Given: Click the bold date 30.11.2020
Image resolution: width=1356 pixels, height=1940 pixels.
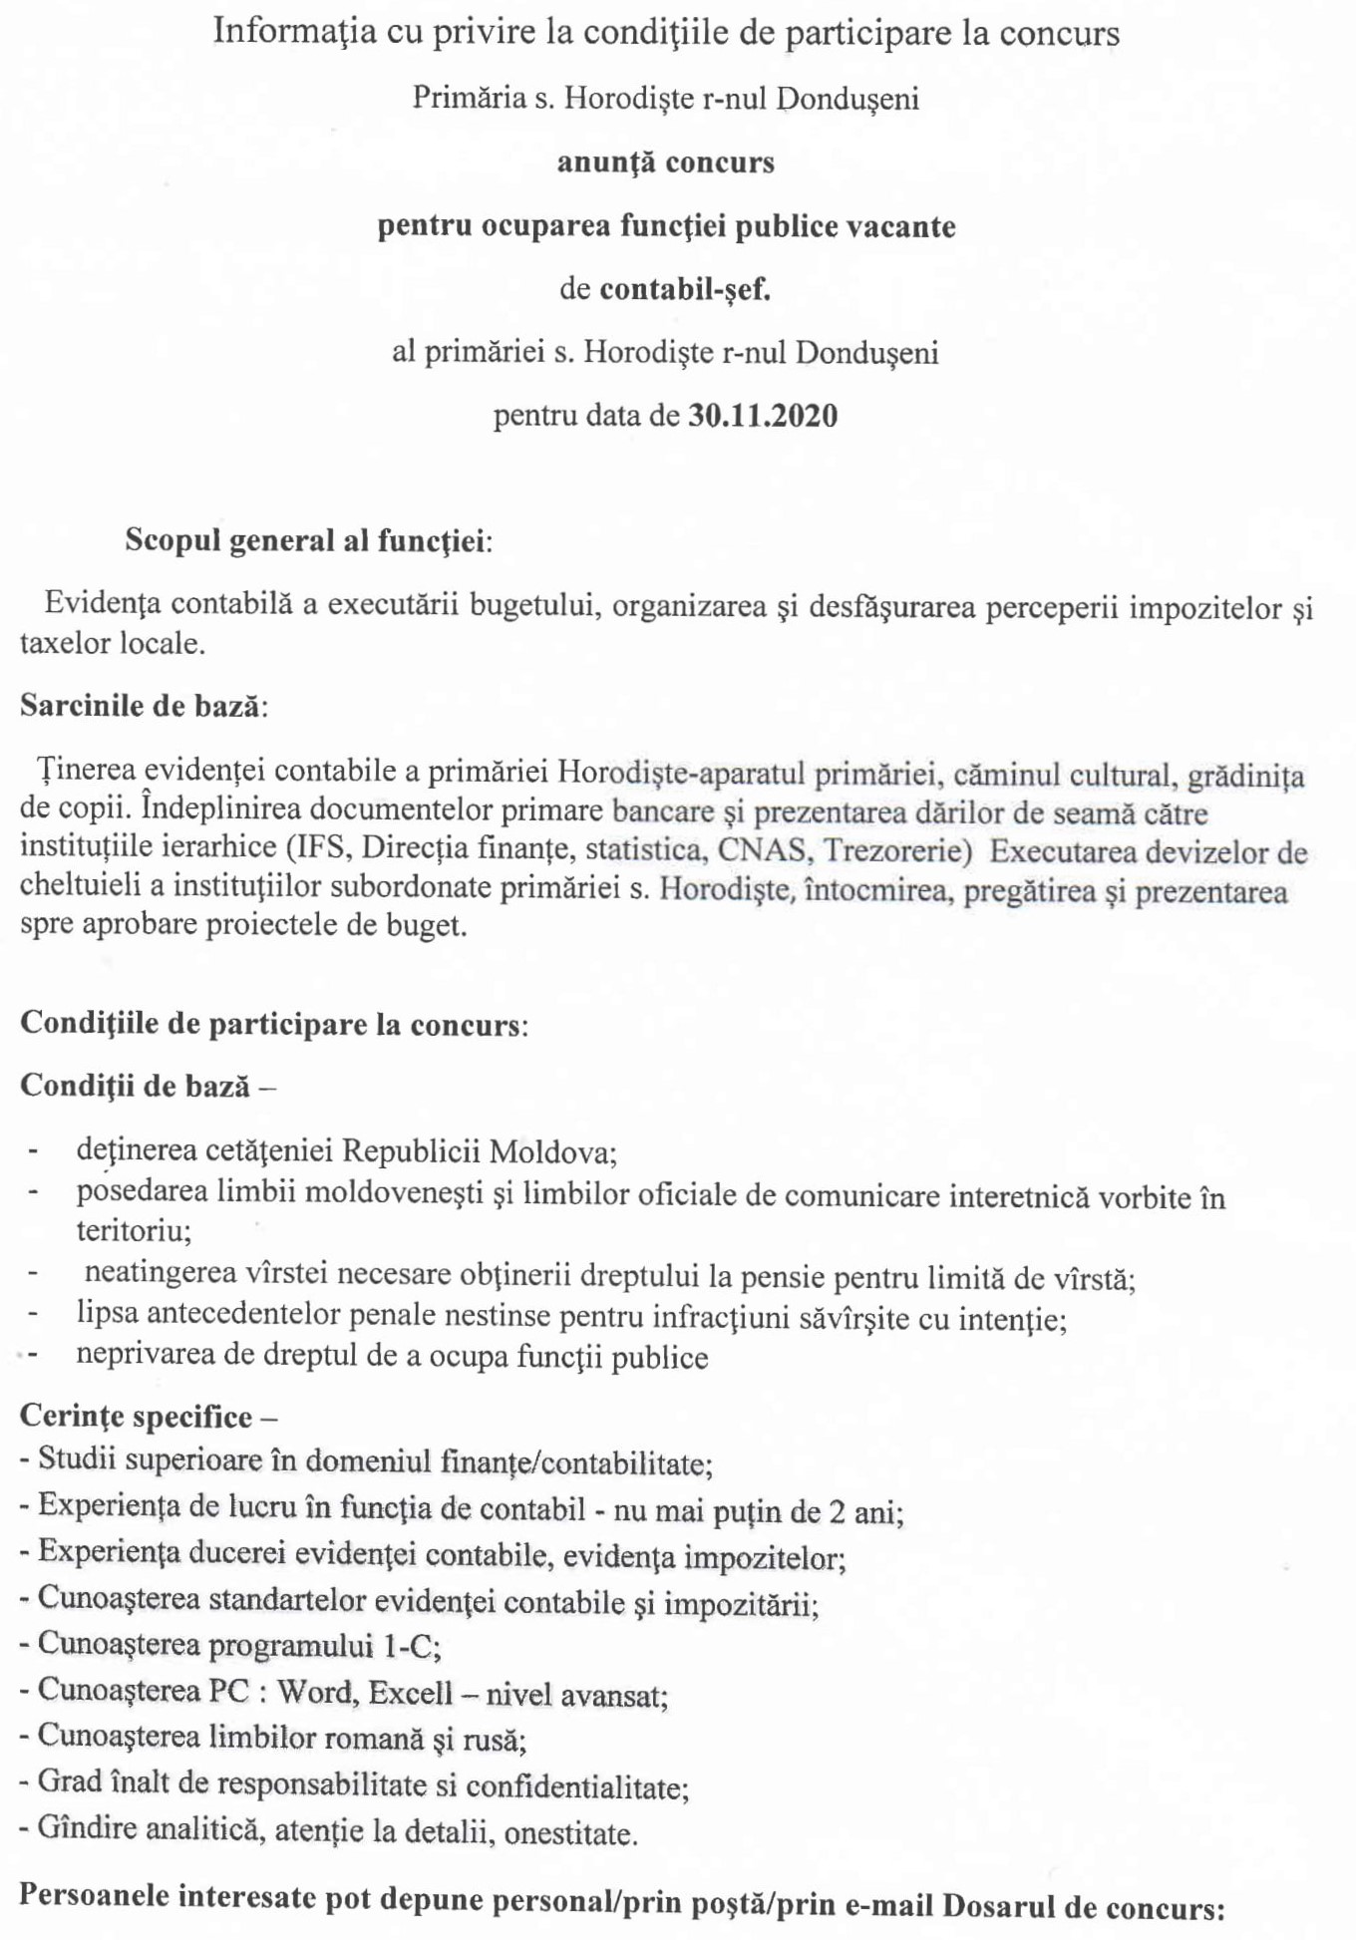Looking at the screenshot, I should click(763, 415).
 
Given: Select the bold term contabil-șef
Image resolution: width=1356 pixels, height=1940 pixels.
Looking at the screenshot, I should click(685, 289).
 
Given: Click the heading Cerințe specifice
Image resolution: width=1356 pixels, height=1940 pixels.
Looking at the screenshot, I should click(138, 1416).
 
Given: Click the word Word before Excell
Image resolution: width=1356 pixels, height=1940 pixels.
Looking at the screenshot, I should click(314, 1691).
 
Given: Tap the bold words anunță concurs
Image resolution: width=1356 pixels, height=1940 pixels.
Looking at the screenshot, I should click(665, 162).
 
